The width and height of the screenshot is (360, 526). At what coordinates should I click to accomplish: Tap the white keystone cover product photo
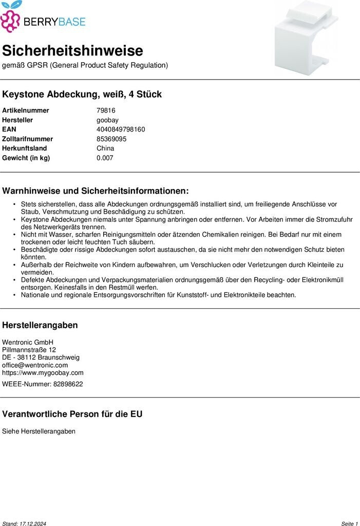pos(307,39)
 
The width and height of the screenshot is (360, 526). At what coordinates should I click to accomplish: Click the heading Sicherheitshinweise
pos(72,51)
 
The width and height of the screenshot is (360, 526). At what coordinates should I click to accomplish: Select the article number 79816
pos(106,110)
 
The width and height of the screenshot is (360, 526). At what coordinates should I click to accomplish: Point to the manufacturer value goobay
pos(107,120)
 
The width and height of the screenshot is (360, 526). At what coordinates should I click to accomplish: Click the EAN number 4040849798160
pos(121,129)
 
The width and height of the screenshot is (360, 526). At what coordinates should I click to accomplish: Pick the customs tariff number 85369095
pos(111,139)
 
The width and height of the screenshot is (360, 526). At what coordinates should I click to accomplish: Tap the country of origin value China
pos(105,148)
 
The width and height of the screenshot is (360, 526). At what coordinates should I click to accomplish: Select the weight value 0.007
pos(105,158)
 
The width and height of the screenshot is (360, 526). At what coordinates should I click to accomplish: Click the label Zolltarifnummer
pos(27,139)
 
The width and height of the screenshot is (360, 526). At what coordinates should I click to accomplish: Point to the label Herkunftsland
pos(24,148)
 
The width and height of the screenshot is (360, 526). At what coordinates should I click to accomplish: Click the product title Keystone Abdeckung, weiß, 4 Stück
pos(82,95)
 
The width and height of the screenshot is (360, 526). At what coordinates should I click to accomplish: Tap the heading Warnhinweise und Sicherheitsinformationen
pos(96,191)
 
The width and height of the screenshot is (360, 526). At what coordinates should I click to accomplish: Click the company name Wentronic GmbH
pos(28,342)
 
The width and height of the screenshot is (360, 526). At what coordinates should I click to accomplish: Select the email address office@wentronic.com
pos(35,365)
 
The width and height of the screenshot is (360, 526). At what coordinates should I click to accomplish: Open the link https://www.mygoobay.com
pos(43,373)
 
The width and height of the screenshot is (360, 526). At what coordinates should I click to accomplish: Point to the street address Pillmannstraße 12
pos(29,350)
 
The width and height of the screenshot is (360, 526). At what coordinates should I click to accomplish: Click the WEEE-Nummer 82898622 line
pos(42,384)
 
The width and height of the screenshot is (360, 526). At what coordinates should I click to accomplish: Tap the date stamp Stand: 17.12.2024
pos(24,523)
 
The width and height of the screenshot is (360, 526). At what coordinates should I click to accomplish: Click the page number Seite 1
pos(349,523)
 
